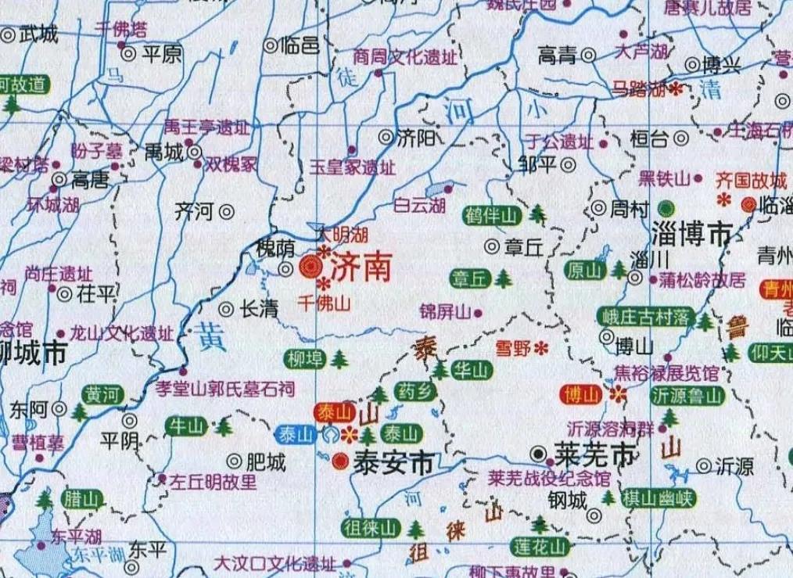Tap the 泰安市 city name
point(393,461)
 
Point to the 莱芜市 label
point(593,454)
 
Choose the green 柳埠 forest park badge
point(303,358)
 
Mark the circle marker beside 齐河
point(227,210)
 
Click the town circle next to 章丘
point(492,247)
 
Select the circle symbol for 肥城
point(233,462)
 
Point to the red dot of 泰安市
point(339,461)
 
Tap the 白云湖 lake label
point(419,206)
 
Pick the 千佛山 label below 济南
point(324,304)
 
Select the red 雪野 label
point(513,349)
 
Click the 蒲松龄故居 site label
point(702,279)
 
